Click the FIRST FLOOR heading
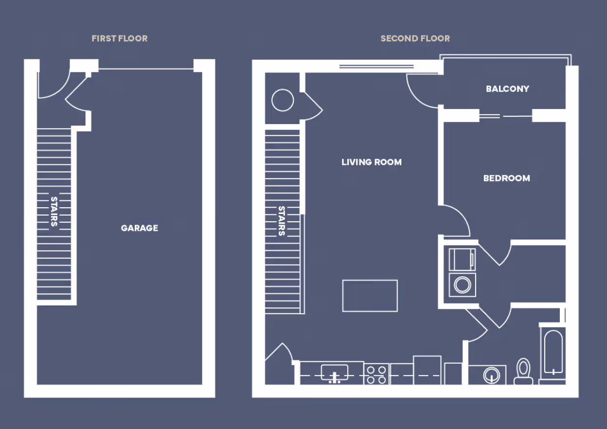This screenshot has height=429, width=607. (x=119, y=38)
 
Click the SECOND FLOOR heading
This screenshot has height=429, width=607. (x=415, y=38)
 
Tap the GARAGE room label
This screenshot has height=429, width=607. (x=140, y=228)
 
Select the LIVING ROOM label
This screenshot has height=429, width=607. (x=372, y=162)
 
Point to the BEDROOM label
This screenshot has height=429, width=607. (x=506, y=178)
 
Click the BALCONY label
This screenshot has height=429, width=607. (x=507, y=89)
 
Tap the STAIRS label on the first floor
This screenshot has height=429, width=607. (x=54, y=212)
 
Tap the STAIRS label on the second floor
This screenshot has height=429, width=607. (x=282, y=221)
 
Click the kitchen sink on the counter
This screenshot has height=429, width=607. (x=335, y=373)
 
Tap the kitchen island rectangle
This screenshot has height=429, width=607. (x=370, y=295)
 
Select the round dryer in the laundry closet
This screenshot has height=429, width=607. (x=462, y=285)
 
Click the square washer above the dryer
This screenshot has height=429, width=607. (x=462, y=259)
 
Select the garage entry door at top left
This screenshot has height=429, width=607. (x=53, y=85)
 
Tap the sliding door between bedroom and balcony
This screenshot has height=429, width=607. (x=505, y=116)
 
